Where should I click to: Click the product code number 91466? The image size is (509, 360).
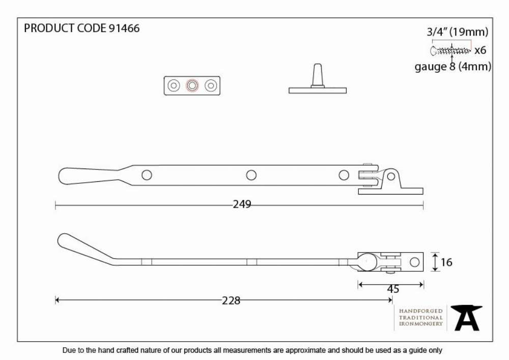[124, 28]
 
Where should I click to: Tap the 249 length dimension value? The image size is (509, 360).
[242, 204]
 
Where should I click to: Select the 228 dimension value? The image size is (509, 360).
[231, 300]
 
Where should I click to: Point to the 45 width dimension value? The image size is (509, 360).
[393, 289]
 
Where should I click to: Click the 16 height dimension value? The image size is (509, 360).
[446, 262]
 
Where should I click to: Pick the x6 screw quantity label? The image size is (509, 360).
[480, 50]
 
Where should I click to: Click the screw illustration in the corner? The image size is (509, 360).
[450, 50]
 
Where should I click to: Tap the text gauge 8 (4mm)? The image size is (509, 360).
[453, 67]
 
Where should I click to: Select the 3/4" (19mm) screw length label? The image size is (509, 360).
[458, 32]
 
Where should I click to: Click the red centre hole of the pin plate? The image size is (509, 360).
[192, 86]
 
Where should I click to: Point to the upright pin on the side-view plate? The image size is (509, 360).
[318, 76]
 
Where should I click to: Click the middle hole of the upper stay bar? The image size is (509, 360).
[251, 175]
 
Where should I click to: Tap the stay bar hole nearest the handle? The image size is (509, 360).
[147, 175]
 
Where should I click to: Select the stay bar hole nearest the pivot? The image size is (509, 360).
[344, 175]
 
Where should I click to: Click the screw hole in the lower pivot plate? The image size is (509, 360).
[414, 262]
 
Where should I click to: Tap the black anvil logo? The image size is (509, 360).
[467, 318]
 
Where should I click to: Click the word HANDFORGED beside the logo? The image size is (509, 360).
[421, 311]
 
